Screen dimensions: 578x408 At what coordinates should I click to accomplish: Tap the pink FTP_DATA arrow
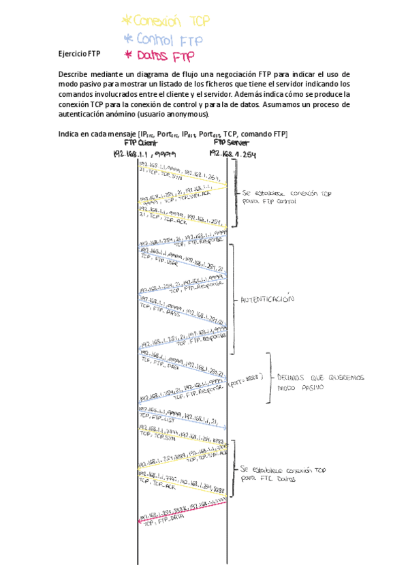(182, 511)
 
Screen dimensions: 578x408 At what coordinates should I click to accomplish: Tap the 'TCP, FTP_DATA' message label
(157, 521)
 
